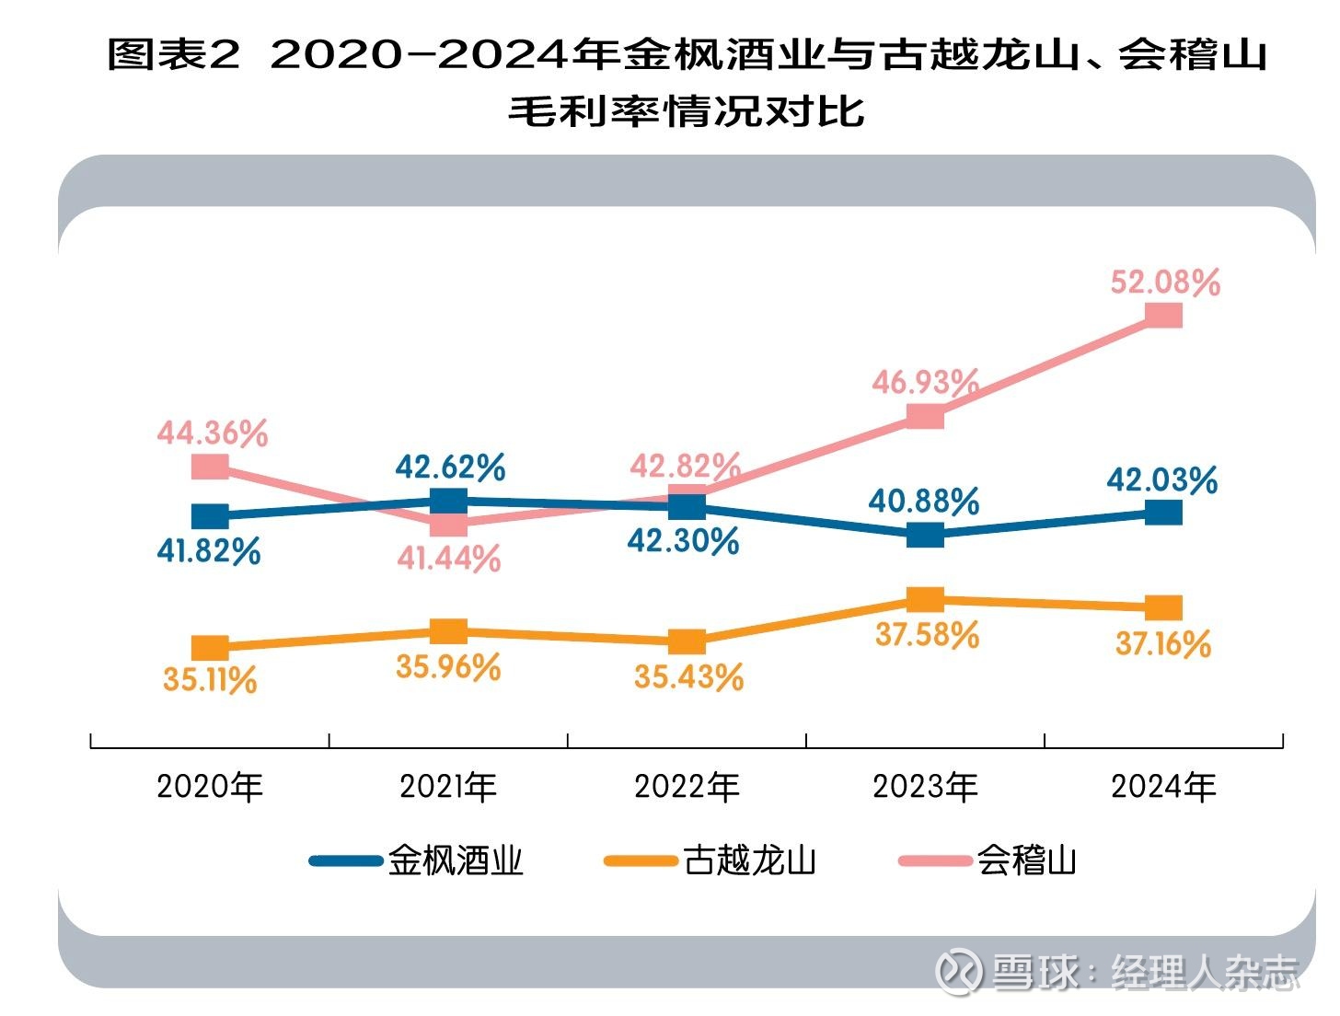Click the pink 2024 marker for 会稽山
point(1164,316)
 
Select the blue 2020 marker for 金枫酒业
point(210,515)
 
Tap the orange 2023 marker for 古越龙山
point(925,600)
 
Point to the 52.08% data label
point(1165,282)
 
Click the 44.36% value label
point(212,433)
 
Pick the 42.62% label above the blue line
point(450,468)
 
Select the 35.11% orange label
point(210,680)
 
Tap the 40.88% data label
point(923,502)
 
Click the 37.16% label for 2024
point(1163,644)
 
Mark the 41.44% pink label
point(449,558)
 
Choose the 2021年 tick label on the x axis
point(448,787)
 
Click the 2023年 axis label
point(925,787)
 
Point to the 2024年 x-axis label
point(1163,787)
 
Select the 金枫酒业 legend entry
point(417,861)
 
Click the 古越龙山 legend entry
point(711,861)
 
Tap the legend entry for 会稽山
point(988,861)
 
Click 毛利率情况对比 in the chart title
point(687,111)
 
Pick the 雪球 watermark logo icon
point(958,971)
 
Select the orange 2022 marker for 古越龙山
point(687,641)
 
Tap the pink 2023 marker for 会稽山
point(925,417)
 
